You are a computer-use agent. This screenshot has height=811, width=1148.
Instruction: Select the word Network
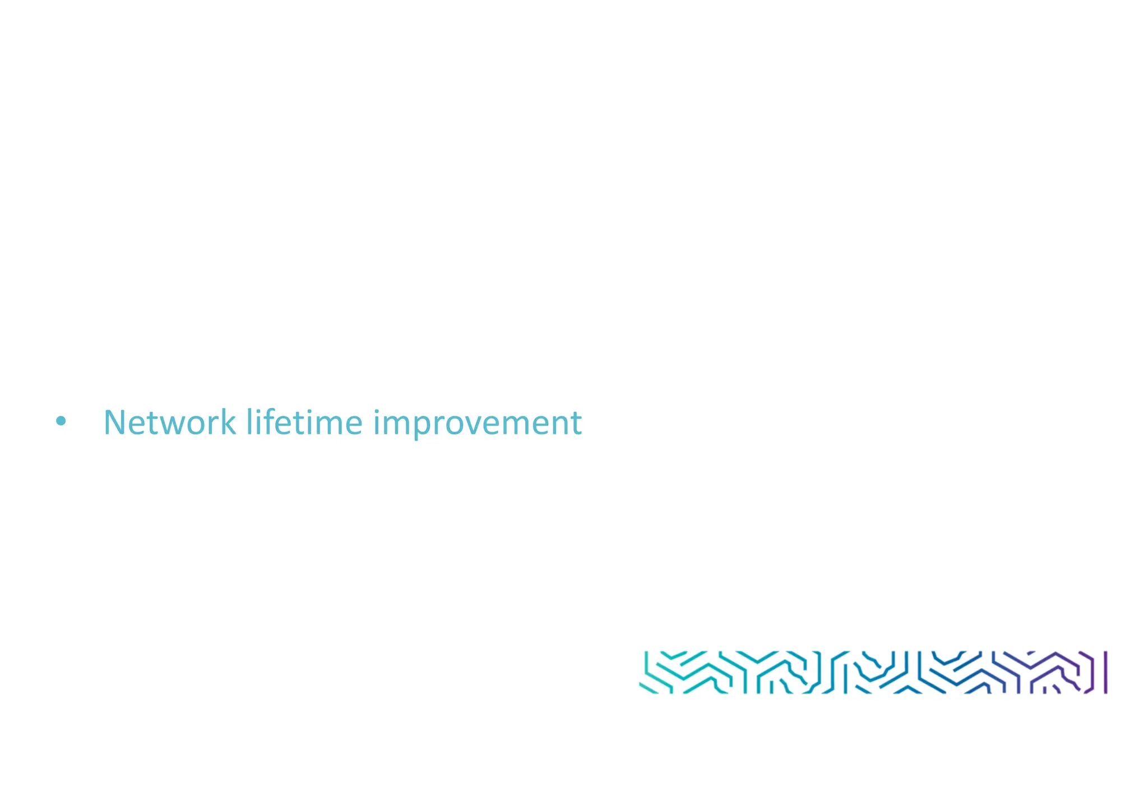pyautogui.click(x=169, y=423)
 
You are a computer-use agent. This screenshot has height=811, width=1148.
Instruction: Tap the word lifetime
pyautogui.click(x=304, y=423)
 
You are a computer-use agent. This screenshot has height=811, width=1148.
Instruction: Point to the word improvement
pyautogui.click(x=478, y=424)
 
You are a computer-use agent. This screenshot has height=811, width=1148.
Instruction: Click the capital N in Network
pyautogui.click(x=115, y=423)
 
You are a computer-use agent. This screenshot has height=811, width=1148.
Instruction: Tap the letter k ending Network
pyautogui.click(x=227, y=423)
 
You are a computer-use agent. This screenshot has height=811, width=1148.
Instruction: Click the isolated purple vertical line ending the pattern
pyautogui.click(x=1105, y=672)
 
